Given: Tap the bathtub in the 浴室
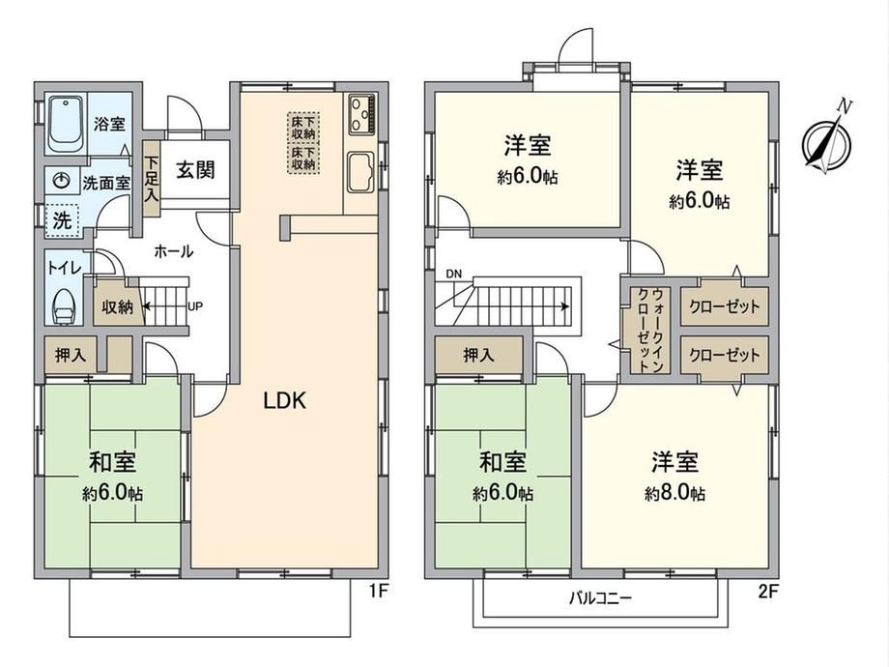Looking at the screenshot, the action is [x=65, y=124].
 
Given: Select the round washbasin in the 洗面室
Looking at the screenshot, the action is [x=61, y=182].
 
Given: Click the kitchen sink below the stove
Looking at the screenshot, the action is [x=361, y=171].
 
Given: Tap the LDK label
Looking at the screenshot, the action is [x=285, y=401].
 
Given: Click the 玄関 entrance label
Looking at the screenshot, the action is [x=195, y=169].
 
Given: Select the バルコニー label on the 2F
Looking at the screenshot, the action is [x=600, y=597].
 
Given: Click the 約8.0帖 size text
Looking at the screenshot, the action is [x=674, y=493].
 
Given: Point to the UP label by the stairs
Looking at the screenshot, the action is [x=195, y=306].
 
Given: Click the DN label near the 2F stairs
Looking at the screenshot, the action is [x=453, y=274].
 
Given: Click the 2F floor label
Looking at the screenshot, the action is [x=768, y=593].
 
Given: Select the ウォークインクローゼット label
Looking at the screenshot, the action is [x=650, y=330].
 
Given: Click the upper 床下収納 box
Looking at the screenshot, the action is [x=303, y=127].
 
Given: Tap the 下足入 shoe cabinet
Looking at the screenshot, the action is [x=152, y=179].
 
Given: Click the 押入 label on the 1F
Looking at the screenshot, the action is [x=71, y=355].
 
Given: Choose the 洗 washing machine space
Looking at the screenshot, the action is [x=63, y=220].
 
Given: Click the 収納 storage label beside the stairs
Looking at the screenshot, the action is [x=117, y=306].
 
